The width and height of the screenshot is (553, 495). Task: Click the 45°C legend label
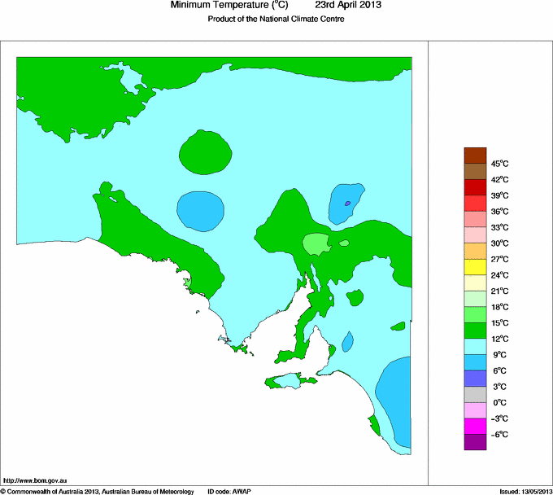pyautogui.click(x=499, y=164)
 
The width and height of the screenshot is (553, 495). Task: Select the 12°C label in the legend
pyautogui.click(x=499, y=339)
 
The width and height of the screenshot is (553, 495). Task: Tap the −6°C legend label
pyautogui.click(x=499, y=434)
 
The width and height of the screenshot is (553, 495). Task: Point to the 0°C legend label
pyautogui.click(x=499, y=402)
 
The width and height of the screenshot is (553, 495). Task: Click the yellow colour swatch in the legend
pyautogui.click(x=475, y=267)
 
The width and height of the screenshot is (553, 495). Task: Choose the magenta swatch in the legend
pyautogui.click(x=475, y=426)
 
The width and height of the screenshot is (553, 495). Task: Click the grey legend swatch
pyautogui.click(x=475, y=394)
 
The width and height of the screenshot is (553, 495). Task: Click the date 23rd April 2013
pyautogui.click(x=348, y=5)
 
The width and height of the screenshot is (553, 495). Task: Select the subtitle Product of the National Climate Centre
pyautogui.click(x=276, y=20)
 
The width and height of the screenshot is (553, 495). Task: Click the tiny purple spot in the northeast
pyautogui.click(x=347, y=203)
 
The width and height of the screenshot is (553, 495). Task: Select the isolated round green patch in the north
pyautogui.click(x=205, y=152)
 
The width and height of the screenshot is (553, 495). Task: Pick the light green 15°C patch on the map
pyautogui.click(x=315, y=243)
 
